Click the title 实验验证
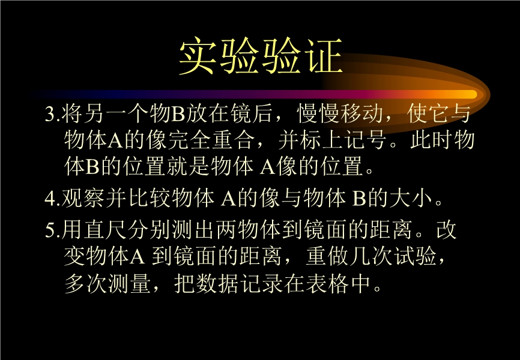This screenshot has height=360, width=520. coord(261,56)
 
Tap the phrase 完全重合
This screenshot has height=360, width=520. coord(211,140)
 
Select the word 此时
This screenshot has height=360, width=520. coord(431,140)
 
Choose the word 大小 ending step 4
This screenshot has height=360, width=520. coord(411,198)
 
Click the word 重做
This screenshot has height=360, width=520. coord(328,256)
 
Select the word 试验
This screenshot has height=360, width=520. coord(416,256)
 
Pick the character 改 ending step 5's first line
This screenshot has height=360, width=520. coord(447,229)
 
